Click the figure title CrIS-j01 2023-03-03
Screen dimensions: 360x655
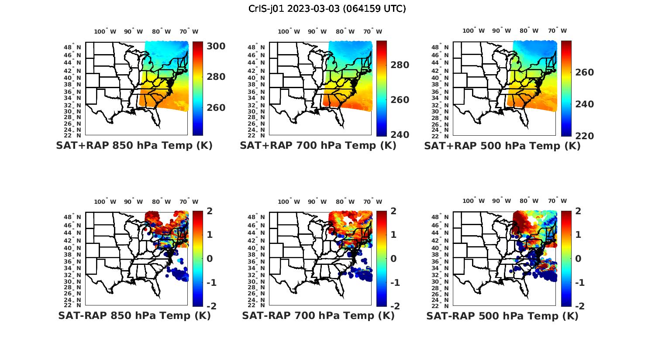tap(327, 8)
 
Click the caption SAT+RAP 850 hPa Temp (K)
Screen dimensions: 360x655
tap(134, 146)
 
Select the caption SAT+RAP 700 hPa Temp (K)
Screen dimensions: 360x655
tap(318, 146)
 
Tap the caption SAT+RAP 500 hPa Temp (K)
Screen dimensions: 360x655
tap(502, 146)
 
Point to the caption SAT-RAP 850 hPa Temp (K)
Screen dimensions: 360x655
tap(134, 315)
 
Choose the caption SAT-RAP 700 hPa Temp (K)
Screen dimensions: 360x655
tap(318, 315)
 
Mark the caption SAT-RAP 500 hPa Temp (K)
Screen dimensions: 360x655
tap(502, 316)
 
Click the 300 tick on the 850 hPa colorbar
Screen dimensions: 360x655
tap(216, 46)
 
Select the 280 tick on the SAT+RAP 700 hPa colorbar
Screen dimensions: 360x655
tap(400, 65)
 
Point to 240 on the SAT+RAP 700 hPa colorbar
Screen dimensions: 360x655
tap(400, 134)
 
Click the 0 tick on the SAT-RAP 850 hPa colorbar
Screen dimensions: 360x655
tap(209, 258)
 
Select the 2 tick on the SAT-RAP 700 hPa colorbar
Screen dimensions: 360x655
tap(393, 211)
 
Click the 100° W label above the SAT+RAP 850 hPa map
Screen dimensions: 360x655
tap(105, 31)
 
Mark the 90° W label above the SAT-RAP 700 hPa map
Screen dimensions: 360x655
tap(317, 202)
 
